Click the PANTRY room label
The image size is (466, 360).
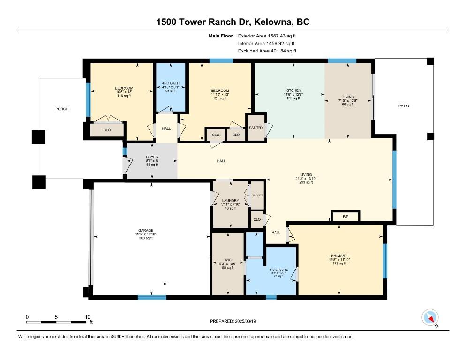(x=256, y=127)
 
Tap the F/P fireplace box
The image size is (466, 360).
(x=346, y=216)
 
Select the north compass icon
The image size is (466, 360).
(x=430, y=317)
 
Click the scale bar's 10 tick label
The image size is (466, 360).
(x=87, y=317)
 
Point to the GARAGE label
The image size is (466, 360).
(x=146, y=230)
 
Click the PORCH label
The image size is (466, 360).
(x=62, y=109)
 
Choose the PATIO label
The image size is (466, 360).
(x=404, y=106)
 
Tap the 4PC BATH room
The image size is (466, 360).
(x=171, y=87)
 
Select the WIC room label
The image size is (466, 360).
(x=228, y=260)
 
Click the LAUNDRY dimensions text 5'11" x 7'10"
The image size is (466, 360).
(x=230, y=204)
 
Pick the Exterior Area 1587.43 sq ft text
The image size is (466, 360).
(x=267, y=36)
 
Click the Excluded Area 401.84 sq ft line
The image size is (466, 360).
(x=267, y=51)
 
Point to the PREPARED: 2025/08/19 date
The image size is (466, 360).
(x=233, y=321)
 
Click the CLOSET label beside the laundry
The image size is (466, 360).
(x=257, y=195)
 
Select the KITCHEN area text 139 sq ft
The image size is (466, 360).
(x=293, y=98)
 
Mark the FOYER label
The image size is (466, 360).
(x=152, y=157)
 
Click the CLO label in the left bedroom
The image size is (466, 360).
(x=107, y=130)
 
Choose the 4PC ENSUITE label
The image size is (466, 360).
(x=278, y=270)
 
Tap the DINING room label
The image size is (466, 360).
(x=348, y=97)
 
